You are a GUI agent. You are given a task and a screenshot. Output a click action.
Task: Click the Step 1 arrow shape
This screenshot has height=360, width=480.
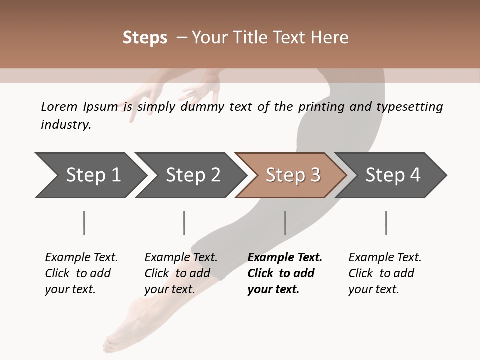click(x=90, y=175)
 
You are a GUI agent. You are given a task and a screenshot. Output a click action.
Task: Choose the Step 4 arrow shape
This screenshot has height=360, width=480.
click(x=392, y=175)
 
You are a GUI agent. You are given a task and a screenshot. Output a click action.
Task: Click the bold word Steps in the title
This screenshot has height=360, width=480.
click(x=145, y=38)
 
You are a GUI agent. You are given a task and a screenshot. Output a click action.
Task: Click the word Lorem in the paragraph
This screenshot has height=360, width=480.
click(x=59, y=107)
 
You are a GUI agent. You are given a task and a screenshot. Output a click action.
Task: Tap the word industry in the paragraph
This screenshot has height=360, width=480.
click(x=65, y=124)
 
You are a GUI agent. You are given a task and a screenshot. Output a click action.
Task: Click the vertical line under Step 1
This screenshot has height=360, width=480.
click(x=84, y=223)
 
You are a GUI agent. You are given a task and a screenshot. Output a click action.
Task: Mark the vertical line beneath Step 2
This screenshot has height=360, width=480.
click(x=184, y=223)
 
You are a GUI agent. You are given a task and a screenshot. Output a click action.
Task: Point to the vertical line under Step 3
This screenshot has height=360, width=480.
click(x=285, y=223)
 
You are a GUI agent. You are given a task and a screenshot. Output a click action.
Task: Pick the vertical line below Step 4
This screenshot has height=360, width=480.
click(x=386, y=223)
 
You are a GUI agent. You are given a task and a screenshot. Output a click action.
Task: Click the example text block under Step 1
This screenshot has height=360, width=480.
click(x=81, y=273)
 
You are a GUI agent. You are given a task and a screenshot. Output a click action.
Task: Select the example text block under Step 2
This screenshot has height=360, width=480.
click(x=181, y=273)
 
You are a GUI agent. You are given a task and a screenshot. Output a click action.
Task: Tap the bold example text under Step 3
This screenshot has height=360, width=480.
click(x=284, y=273)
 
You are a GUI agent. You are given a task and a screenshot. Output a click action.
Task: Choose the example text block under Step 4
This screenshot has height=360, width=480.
click(x=385, y=273)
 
